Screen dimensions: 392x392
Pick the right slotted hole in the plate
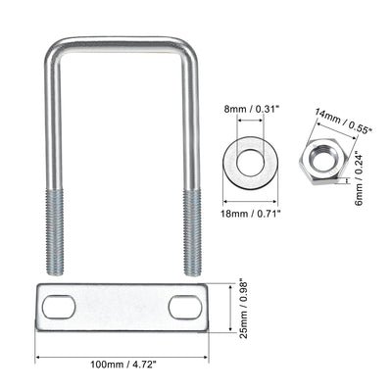184,307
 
